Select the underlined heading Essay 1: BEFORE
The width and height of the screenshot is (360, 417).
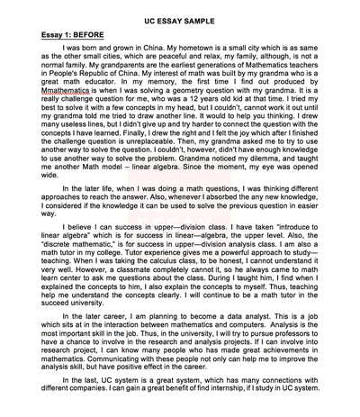tap(56, 28)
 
